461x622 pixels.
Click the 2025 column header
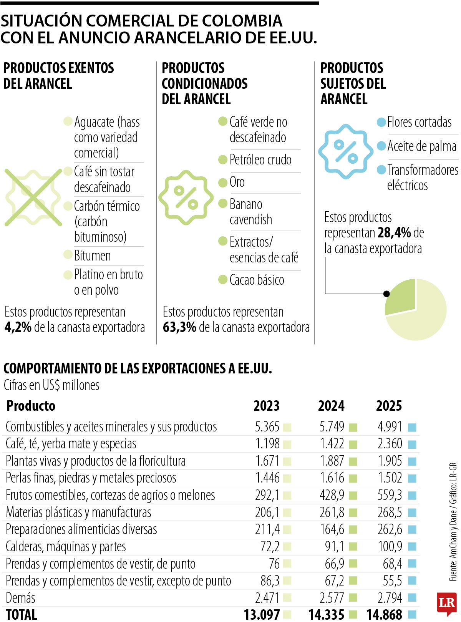click(389, 406)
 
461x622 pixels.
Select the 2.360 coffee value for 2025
click(390, 444)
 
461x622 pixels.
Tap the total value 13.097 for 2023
click(262, 614)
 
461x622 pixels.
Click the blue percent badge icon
click(346, 151)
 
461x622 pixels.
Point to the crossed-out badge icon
click(33, 197)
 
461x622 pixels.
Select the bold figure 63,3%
click(179, 327)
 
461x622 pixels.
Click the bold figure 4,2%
click(18, 327)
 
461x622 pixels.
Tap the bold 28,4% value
click(394, 233)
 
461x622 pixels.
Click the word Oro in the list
click(237, 182)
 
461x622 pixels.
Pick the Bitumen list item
click(92, 256)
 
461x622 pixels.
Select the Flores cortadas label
click(419, 122)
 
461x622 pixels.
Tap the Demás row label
click(20, 598)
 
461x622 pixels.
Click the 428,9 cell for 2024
click(332, 495)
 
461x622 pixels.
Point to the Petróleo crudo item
click(260, 160)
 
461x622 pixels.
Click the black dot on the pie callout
click(386, 294)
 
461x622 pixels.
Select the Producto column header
click(31, 406)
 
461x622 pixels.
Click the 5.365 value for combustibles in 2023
click(267, 427)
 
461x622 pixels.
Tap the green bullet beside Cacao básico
click(223, 279)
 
